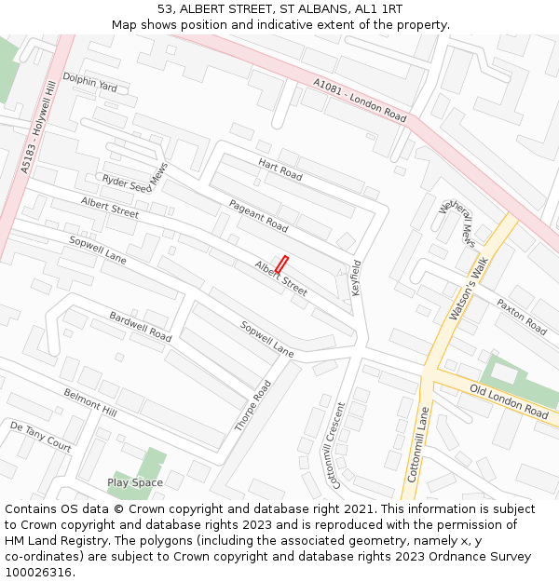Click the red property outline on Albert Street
[x=281, y=264]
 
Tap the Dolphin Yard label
[x=90, y=84]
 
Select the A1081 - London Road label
[x=360, y=101]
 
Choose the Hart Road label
[x=280, y=169]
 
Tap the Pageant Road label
[x=258, y=215]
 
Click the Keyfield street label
[x=355, y=277]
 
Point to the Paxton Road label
[x=521, y=317]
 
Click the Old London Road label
[x=509, y=400]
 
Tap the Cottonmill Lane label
[x=418, y=443]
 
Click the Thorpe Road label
[x=252, y=406]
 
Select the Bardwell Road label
[x=141, y=326]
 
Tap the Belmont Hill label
[x=90, y=402]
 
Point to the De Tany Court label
[x=40, y=435]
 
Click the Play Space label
[x=135, y=482]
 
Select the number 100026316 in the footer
[x=38, y=572]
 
